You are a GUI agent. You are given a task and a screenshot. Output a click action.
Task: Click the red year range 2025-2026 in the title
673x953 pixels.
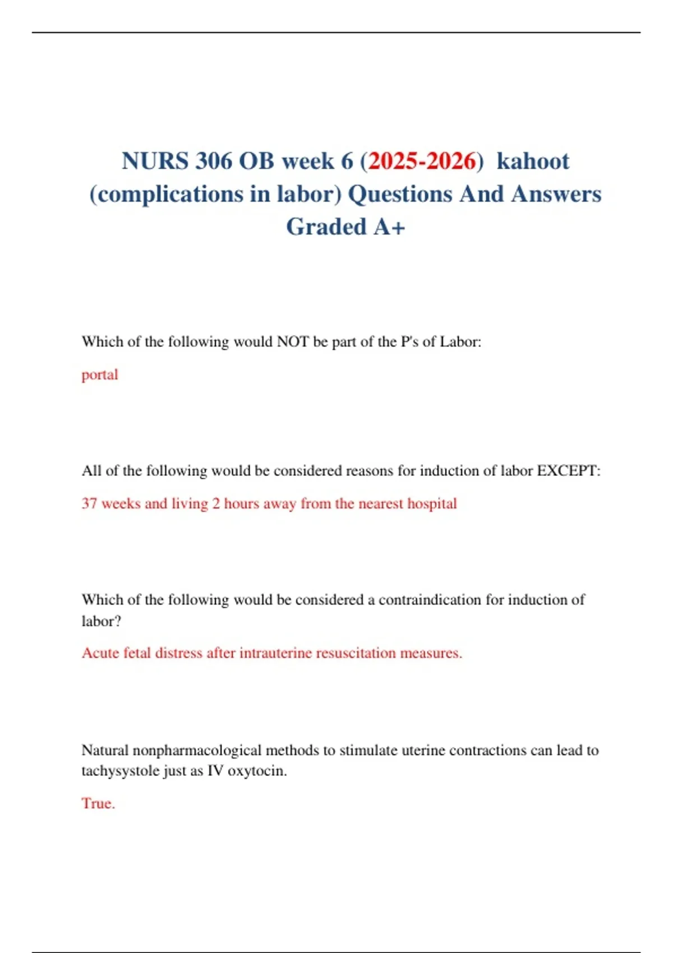pyautogui.click(x=422, y=161)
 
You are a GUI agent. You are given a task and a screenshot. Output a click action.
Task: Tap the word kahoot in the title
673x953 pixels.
pyautogui.click(x=533, y=161)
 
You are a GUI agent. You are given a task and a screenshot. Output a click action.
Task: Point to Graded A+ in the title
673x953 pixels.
pyautogui.click(x=345, y=227)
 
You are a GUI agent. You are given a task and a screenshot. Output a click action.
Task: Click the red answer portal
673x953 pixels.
pyautogui.click(x=100, y=374)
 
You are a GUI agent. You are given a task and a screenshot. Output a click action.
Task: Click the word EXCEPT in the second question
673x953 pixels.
pyautogui.click(x=567, y=470)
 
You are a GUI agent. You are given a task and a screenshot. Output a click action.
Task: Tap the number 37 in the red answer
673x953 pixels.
pyautogui.click(x=90, y=503)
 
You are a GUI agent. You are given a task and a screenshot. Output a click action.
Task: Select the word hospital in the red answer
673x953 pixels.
pyautogui.click(x=432, y=503)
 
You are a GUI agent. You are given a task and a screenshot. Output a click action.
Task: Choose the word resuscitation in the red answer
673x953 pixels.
pyautogui.click(x=356, y=653)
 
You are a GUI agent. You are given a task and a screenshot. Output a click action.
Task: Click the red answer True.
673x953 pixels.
pyautogui.click(x=98, y=803)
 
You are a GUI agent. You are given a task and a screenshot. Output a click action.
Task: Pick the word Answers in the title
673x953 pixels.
pyautogui.click(x=556, y=194)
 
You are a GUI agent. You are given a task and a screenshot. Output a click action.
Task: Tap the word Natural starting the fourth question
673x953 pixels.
pyautogui.click(x=105, y=750)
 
